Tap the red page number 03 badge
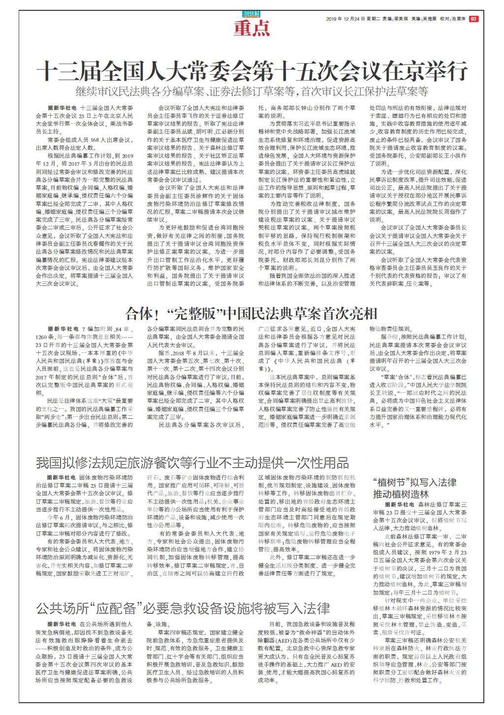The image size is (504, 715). tap(473, 19)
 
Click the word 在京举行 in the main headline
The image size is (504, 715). tap(425, 71)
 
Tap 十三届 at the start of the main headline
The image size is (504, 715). tap(64, 71)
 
